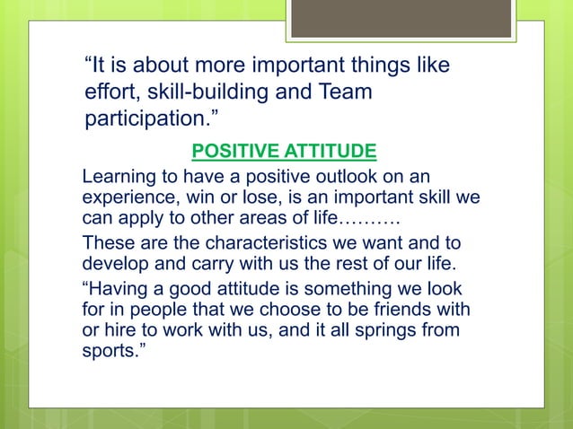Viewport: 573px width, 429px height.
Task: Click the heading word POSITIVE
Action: pyautogui.click(x=225, y=148)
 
